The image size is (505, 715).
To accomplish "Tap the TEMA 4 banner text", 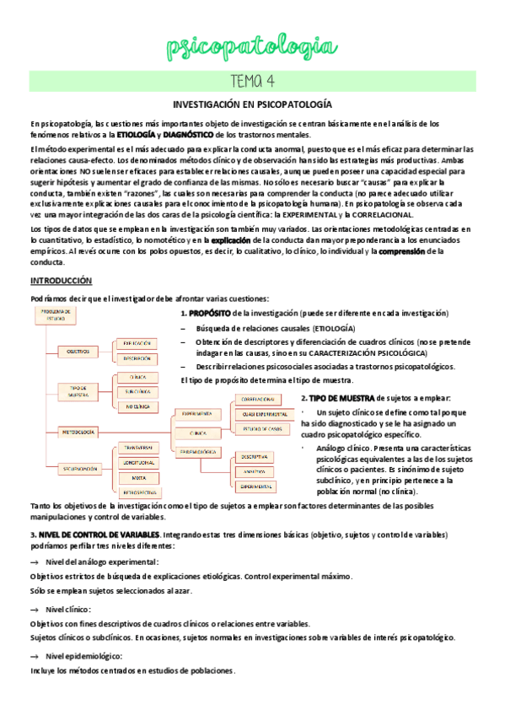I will [x=252, y=81].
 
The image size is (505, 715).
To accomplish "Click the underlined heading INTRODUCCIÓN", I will [x=62, y=281].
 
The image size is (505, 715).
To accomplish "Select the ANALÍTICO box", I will [x=256, y=471].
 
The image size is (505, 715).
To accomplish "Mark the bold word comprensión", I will [x=407, y=251].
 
